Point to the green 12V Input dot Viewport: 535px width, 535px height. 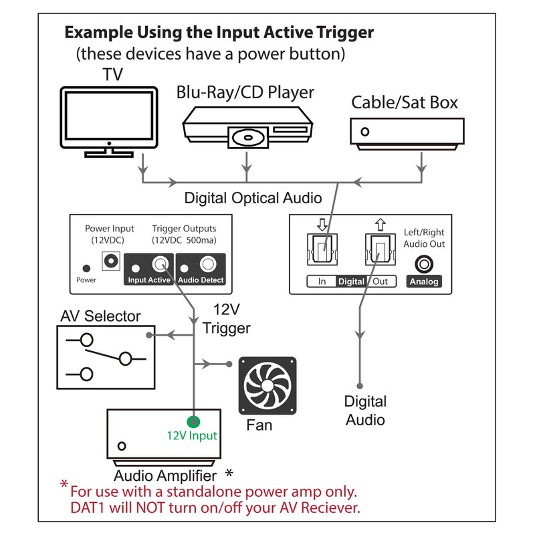pyautogui.click(x=193, y=421)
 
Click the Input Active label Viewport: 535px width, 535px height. pyautogui.click(x=148, y=280)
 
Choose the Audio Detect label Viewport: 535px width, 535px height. pyautogui.click(x=202, y=280)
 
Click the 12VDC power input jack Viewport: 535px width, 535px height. pyautogui.click(x=109, y=259)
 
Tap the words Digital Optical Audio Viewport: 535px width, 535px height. pyautogui.click(x=253, y=198)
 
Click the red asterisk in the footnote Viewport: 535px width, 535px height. pyautogui.click(x=64, y=485)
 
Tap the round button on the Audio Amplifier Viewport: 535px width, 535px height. pyautogui.click(x=122, y=445)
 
